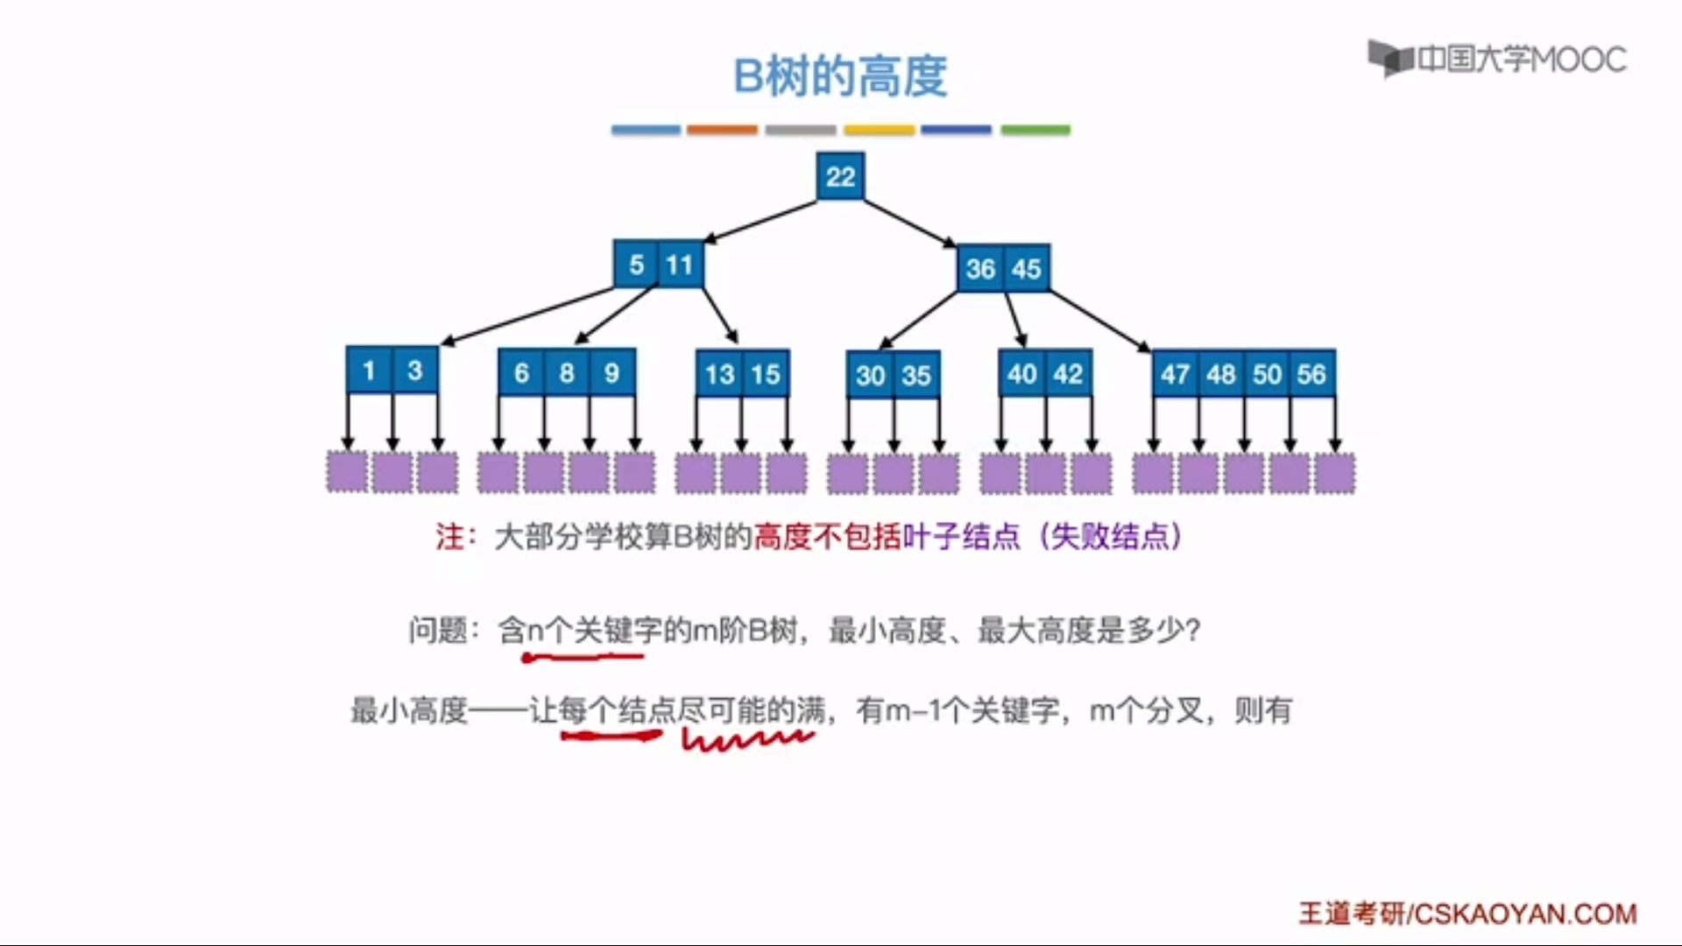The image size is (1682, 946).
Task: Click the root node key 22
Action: coord(840,176)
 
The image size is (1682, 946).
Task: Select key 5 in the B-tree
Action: coord(636,265)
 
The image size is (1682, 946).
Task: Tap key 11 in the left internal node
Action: coord(680,265)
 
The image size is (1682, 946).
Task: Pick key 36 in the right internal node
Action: coord(980,268)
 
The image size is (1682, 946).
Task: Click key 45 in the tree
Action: coord(1026,268)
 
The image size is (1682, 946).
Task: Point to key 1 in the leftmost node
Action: coord(369,371)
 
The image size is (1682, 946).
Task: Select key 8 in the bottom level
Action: coord(567,373)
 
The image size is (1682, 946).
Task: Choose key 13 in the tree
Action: coord(719,375)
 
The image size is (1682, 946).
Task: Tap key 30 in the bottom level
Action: coord(870,376)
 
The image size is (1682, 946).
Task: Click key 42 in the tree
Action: coord(1068,374)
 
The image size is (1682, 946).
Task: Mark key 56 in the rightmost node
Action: coord(1311,374)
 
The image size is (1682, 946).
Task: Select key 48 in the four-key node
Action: coord(1220,374)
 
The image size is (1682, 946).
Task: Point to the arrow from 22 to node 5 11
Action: coord(760,221)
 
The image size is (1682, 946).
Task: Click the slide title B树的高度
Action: coord(840,76)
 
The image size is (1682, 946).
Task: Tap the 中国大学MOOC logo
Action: coord(1497,59)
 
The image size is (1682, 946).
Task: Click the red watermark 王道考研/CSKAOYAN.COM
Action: coord(1467,914)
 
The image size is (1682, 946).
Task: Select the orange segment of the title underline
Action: coord(722,130)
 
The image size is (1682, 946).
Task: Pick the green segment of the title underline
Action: coord(1035,130)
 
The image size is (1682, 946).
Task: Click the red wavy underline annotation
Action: coord(747,740)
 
